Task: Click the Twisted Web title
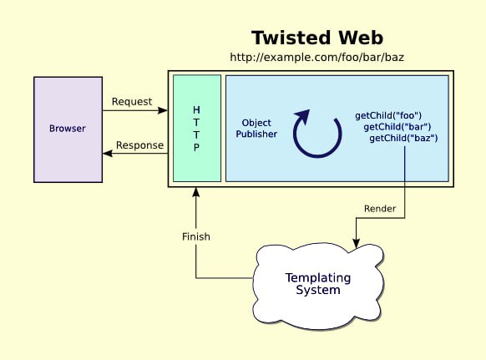317,38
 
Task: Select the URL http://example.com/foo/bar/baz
316,57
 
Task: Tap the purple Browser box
68,129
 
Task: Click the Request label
132,102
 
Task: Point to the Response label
139,145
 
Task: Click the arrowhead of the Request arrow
162,110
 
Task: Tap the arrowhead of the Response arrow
108,153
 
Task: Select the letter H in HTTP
196,109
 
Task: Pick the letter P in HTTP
196,147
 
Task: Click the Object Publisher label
256,129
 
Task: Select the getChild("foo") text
388,115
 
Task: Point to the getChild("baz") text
403,138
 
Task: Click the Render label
380,209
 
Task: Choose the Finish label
196,237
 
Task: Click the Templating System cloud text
318,284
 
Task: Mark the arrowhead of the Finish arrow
196,192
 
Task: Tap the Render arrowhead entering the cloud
357,243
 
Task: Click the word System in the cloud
318,290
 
